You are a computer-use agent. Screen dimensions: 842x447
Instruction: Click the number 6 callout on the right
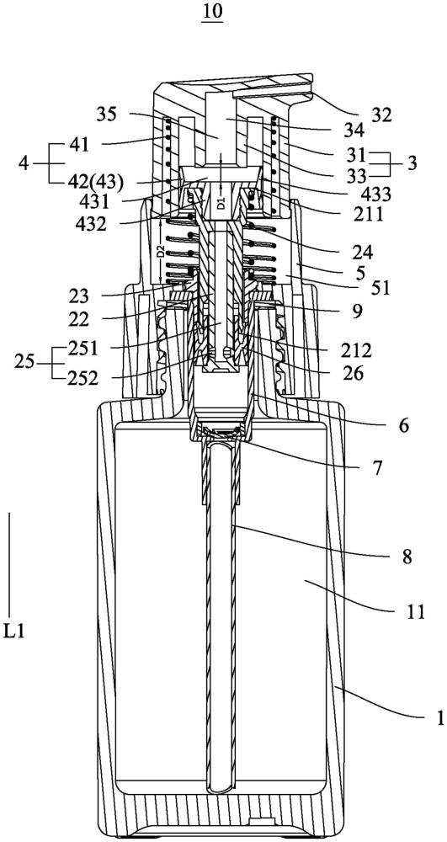click(403, 426)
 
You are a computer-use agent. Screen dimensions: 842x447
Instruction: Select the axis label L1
click(13, 629)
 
